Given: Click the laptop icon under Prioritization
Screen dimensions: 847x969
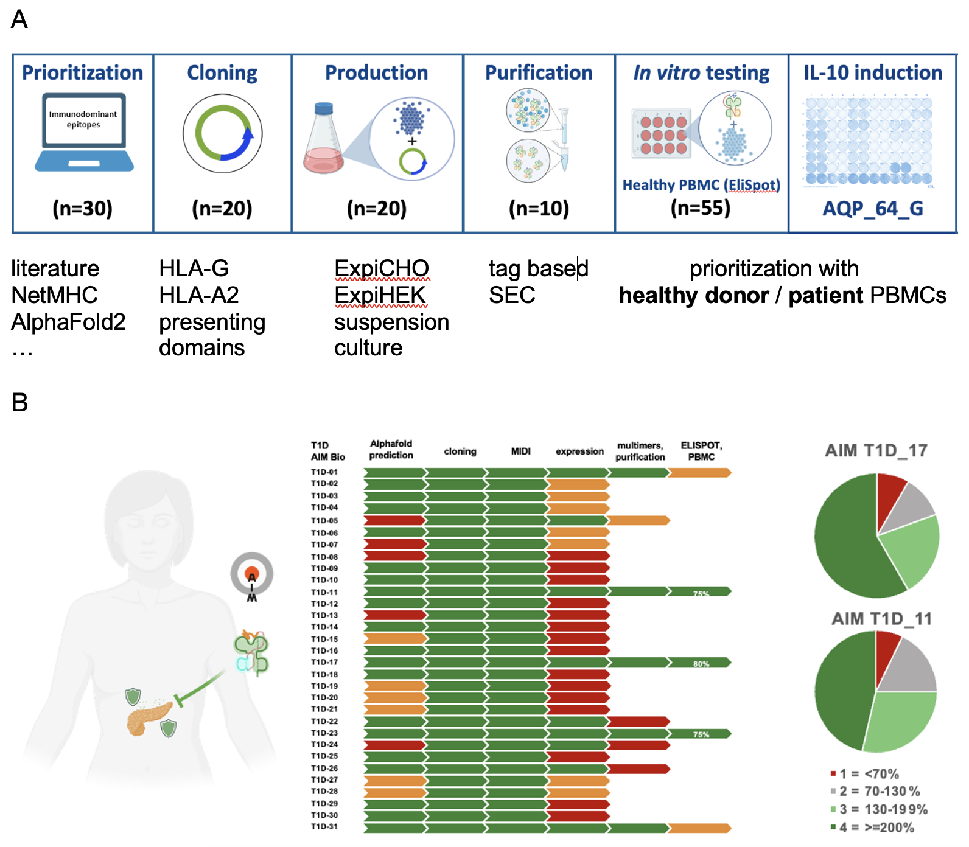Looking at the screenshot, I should point(84,133).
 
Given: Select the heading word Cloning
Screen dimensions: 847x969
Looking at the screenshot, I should point(222,73).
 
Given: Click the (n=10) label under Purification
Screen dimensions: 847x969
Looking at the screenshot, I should point(539,209).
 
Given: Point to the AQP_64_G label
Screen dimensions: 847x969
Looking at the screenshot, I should point(872,209).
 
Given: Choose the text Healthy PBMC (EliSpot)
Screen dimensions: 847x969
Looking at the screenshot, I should point(701,185).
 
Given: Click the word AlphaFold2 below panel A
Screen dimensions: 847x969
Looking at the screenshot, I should point(68,322).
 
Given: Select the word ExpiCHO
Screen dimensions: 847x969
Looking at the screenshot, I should point(382,268).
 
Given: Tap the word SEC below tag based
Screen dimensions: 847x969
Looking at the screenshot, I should point(512,296).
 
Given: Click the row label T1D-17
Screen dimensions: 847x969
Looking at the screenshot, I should point(324,663).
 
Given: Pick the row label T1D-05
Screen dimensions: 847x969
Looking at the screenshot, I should point(324,521).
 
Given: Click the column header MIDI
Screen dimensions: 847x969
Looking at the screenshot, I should point(520,451).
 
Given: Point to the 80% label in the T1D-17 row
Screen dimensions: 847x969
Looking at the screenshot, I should point(701,664).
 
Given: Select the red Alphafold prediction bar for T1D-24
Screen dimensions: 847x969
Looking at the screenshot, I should point(394,745).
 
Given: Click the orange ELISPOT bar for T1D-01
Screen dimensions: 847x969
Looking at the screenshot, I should point(700,473).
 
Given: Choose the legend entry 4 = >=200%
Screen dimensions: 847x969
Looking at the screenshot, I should point(872,828).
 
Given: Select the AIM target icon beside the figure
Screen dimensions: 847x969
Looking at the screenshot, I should point(251,575).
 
